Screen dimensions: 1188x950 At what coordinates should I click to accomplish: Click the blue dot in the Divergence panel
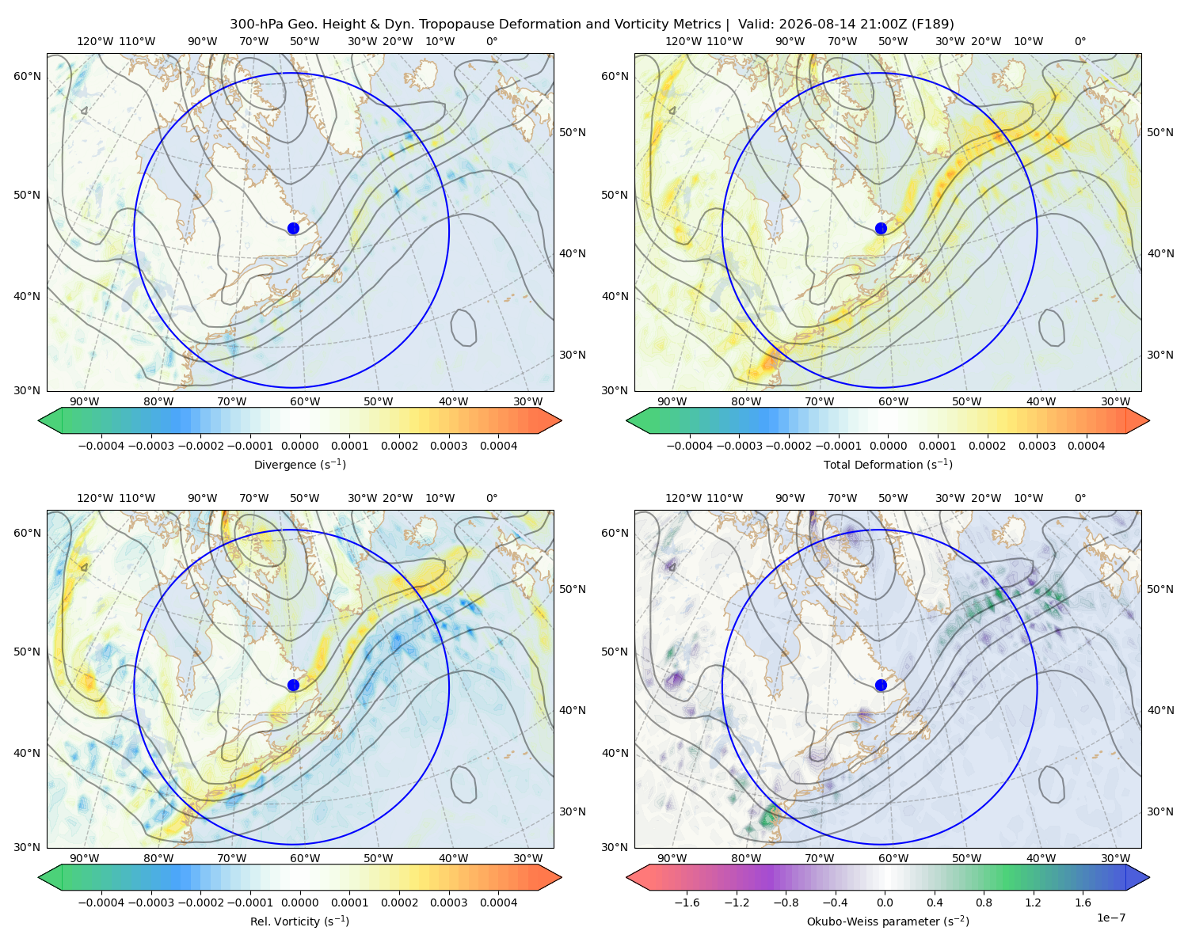pos(293,228)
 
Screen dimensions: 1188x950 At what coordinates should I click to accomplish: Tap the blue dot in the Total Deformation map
pos(881,228)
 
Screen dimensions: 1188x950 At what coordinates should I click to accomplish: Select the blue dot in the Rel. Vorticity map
pos(293,685)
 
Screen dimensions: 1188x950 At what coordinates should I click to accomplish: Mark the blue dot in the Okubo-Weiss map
pos(881,685)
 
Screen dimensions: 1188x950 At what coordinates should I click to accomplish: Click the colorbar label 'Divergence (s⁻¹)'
pos(299,464)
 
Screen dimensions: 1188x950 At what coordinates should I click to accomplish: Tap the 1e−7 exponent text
pos(1110,918)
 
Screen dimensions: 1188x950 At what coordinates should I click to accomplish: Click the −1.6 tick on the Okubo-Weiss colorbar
pos(687,902)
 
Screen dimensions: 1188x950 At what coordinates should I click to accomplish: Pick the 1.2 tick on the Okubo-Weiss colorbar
pos(1033,902)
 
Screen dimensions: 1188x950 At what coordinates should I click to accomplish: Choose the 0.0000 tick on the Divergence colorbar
pos(299,446)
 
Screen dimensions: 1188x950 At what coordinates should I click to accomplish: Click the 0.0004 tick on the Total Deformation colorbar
pos(1086,446)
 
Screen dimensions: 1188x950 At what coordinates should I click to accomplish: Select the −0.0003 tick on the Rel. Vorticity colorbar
pos(150,902)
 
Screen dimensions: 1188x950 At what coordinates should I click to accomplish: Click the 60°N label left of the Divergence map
pos(27,76)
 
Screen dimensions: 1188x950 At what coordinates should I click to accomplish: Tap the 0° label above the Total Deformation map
pos(1079,41)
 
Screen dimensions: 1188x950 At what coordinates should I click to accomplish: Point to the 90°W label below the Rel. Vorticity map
pos(85,858)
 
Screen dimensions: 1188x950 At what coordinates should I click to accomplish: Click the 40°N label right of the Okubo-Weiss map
pos(1160,710)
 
